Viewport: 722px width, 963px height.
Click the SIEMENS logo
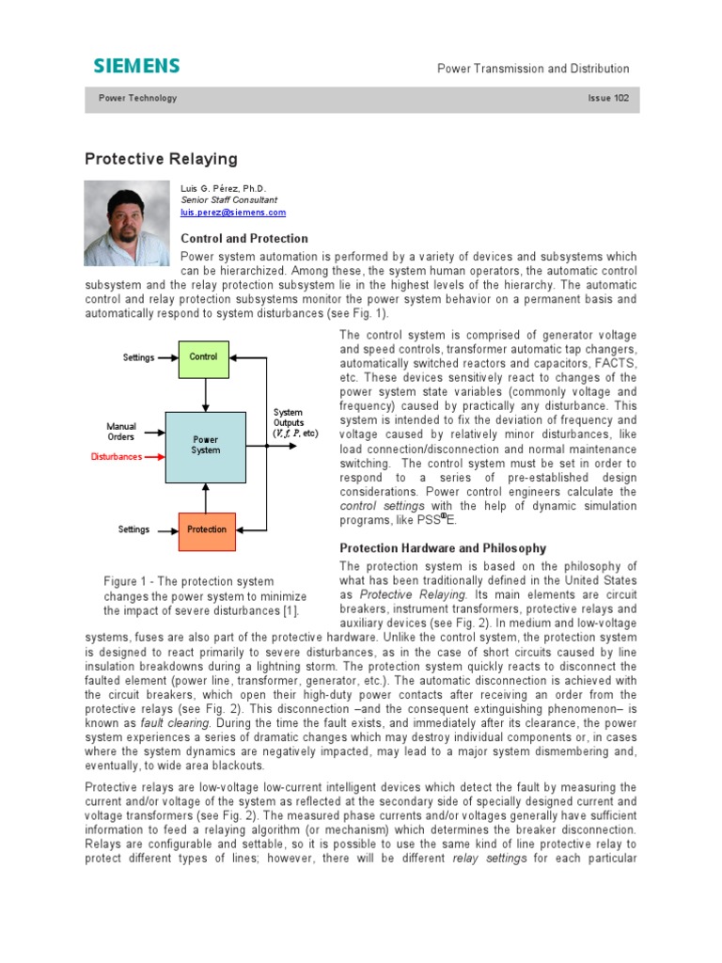136,66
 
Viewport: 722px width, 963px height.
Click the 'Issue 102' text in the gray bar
608,99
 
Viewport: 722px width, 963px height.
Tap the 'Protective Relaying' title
161,159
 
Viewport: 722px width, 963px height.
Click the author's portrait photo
127,223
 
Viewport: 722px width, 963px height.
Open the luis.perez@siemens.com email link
232,213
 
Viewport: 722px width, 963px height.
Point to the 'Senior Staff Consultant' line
228,200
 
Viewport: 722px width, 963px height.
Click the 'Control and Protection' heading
243,239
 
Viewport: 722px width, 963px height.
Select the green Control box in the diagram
204,357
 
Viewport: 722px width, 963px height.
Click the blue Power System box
205,446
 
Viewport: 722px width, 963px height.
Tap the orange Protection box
207,529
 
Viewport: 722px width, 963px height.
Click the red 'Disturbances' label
117,457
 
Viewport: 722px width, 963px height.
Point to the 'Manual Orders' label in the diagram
120,432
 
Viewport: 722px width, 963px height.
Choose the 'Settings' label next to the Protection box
133,529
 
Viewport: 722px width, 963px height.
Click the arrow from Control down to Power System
205,394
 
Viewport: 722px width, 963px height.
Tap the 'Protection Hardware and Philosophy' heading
442,548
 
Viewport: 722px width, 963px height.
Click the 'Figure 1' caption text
204,596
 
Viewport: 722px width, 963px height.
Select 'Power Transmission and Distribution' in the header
533,69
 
